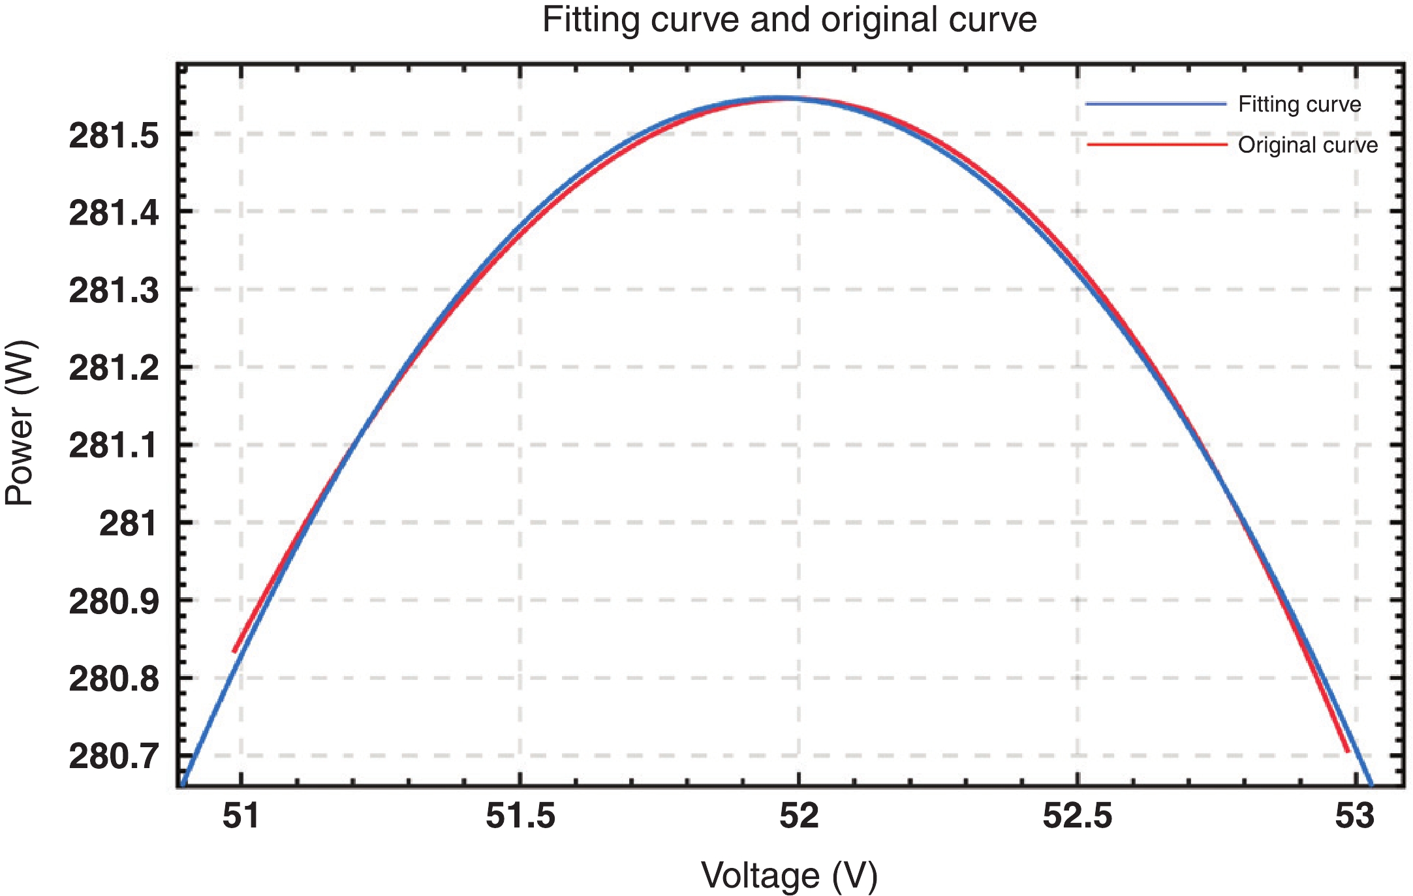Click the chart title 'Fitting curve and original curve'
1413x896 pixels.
point(789,20)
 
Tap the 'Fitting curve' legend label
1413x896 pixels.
point(1299,104)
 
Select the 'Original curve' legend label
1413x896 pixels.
point(1307,145)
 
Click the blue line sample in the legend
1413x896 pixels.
point(1156,104)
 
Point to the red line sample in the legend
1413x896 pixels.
point(1156,144)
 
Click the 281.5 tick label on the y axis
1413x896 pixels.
point(114,136)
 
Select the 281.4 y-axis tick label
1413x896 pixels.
point(114,213)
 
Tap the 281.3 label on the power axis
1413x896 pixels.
point(114,290)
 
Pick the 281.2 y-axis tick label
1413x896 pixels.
point(114,368)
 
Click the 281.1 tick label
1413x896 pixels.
point(114,446)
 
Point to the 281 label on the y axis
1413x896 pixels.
point(128,523)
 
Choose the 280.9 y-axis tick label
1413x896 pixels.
point(114,601)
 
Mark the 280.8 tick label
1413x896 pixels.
point(114,679)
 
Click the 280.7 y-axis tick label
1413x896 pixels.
point(114,756)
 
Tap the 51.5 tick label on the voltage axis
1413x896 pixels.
point(520,816)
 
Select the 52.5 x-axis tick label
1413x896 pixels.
point(1077,816)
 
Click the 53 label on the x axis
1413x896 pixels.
point(1355,816)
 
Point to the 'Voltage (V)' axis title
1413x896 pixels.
point(789,875)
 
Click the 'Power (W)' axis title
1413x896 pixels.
point(20,423)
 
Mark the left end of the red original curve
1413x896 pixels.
point(234,651)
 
